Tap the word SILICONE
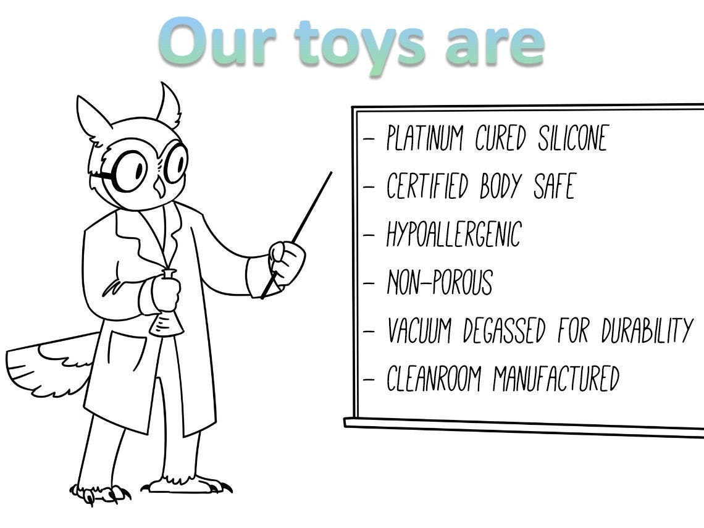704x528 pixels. tap(572, 138)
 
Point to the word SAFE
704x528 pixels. tap(553, 186)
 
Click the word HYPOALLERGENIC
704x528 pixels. tap(454, 234)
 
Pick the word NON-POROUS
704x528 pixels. tap(440, 282)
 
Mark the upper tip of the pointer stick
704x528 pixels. tap(331, 173)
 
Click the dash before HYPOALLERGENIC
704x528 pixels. tap(369, 235)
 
